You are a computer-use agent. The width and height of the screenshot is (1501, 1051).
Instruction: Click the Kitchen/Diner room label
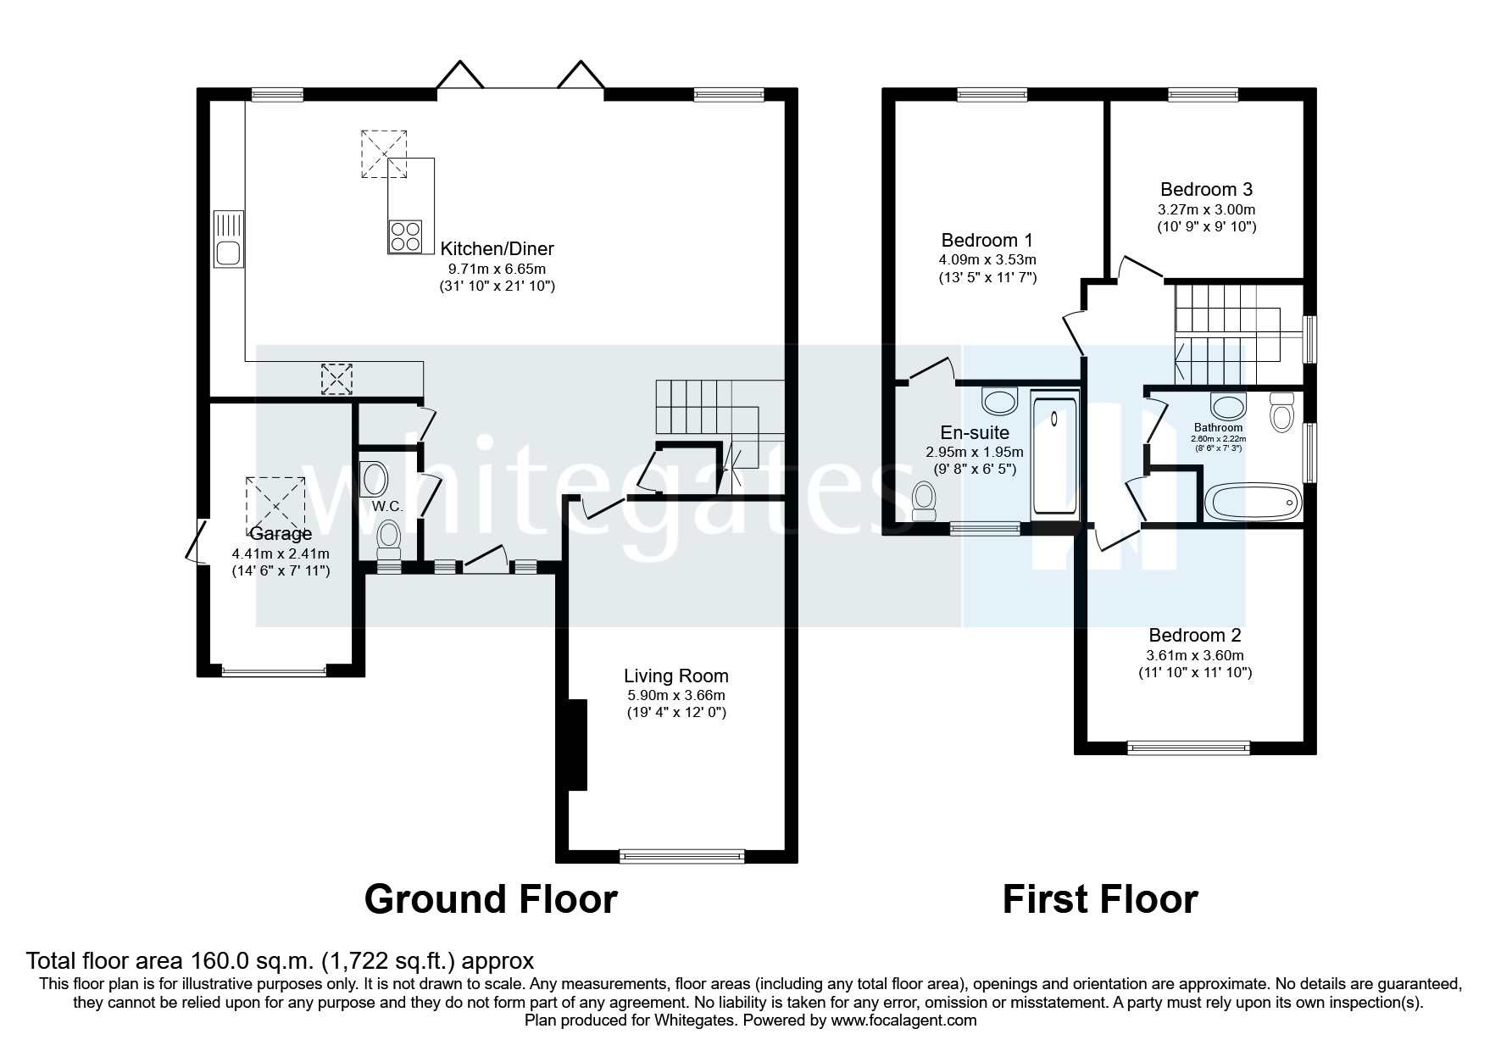pos(497,248)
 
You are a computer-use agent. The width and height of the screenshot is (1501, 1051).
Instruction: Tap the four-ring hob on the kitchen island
pos(404,236)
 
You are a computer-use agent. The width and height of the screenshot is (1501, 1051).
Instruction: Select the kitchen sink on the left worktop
pos(228,252)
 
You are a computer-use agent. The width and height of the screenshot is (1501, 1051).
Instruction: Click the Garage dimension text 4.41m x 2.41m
pos(281,553)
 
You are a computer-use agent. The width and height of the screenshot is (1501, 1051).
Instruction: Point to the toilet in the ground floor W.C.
pos(389,538)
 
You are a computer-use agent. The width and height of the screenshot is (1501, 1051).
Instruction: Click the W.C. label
pos(386,506)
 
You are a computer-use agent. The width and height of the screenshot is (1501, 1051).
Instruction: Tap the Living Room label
pos(675,676)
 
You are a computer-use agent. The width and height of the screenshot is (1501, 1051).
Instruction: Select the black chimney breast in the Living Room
pos(577,744)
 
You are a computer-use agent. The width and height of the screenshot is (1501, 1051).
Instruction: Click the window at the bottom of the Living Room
pos(682,856)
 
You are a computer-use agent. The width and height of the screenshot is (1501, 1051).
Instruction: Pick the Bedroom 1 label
pos(987,240)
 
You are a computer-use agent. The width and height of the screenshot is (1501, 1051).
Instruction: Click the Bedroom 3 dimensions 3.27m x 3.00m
pos(1207,209)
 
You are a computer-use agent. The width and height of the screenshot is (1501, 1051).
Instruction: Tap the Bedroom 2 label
pos(1194,635)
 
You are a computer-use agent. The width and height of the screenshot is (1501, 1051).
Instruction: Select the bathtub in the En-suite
pos(1054,455)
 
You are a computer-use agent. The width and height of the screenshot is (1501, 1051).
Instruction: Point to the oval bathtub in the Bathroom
pos(1252,503)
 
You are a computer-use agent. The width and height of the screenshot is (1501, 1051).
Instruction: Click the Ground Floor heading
pos(491,898)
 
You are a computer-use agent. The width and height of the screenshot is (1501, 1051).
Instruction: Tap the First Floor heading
pos(1099,898)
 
